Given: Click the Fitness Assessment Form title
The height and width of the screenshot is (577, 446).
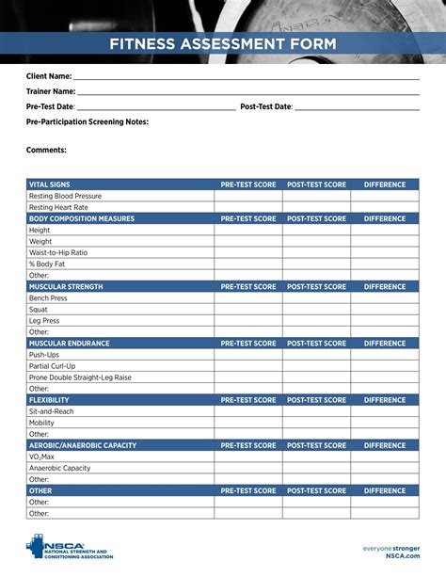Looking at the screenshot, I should [x=222, y=43].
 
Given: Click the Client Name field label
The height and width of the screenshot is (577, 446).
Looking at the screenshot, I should [x=49, y=75].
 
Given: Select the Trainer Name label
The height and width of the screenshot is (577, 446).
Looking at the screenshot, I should [x=51, y=91].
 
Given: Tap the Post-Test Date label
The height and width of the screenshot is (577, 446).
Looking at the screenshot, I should [x=266, y=107].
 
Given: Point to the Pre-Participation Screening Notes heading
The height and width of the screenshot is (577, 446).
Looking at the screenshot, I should [x=88, y=122].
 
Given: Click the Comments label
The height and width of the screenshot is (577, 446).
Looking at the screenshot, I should [x=46, y=150].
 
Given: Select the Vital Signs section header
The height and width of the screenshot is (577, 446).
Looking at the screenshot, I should [x=50, y=184].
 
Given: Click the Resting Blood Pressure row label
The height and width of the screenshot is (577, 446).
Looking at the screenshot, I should [x=65, y=196].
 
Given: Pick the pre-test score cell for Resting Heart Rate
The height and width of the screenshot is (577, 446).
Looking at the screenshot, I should [x=248, y=207].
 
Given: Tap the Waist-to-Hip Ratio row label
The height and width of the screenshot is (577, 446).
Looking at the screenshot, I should [x=58, y=253].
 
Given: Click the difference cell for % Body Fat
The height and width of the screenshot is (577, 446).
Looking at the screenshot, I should [x=385, y=264].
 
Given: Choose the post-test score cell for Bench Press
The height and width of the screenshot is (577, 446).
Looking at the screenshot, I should [x=316, y=298].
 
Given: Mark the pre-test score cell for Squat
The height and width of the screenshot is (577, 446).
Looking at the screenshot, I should [x=248, y=310].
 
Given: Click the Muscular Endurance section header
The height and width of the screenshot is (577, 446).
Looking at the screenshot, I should [x=69, y=344].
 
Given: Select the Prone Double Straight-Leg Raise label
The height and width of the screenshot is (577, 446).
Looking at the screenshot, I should [x=80, y=377].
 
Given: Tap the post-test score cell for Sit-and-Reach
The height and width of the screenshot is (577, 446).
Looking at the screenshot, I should [x=316, y=411].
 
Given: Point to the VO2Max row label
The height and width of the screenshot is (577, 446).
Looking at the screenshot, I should [x=41, y=457].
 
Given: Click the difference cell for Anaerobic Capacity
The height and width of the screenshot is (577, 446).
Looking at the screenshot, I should [x=385, y=468].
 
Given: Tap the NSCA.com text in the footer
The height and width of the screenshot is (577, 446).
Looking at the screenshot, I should [x=403, y=556].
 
